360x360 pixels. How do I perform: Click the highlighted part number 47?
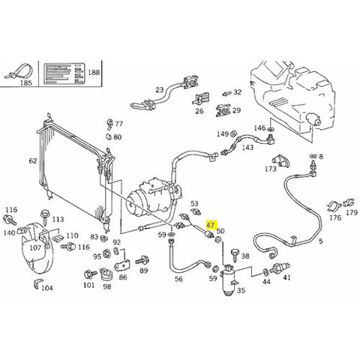click(210, 225)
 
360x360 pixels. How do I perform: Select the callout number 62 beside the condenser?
click(33, 160)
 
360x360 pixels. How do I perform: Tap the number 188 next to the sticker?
click(94, 72)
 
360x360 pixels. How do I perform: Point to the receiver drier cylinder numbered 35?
click(227, 281)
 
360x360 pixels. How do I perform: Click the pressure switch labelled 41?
click(282, 267)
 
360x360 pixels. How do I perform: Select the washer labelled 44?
click(265, 271)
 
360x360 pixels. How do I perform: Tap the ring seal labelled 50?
click(218, 240)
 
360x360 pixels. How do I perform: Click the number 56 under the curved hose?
click(178, 279)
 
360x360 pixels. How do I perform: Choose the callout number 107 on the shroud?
click(35, 247)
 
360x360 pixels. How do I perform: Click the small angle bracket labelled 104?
click(37, 283)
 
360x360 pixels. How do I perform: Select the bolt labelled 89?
click(142, 261)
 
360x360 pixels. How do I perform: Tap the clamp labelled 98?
click(106, 275)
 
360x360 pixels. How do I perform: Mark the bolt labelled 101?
click(90, 274)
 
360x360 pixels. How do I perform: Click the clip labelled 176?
click(334, 206)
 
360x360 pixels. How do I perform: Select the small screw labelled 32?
click(226, 94)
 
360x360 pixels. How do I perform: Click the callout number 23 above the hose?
click(159, 89)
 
